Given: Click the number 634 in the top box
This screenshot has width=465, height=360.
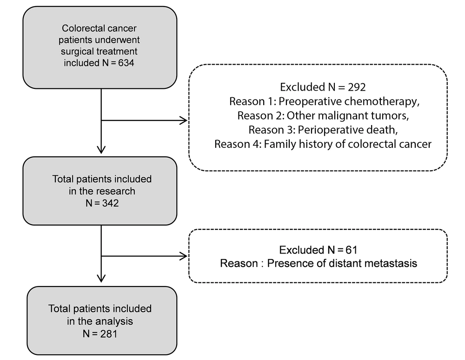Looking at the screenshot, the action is (126, 63).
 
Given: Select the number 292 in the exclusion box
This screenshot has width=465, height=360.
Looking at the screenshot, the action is (357, 87).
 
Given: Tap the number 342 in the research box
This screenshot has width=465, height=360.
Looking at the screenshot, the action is (110, 203).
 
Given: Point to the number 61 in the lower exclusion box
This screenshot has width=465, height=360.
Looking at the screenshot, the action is (352, 250).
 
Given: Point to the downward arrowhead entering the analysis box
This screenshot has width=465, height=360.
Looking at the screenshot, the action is (101, 278).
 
